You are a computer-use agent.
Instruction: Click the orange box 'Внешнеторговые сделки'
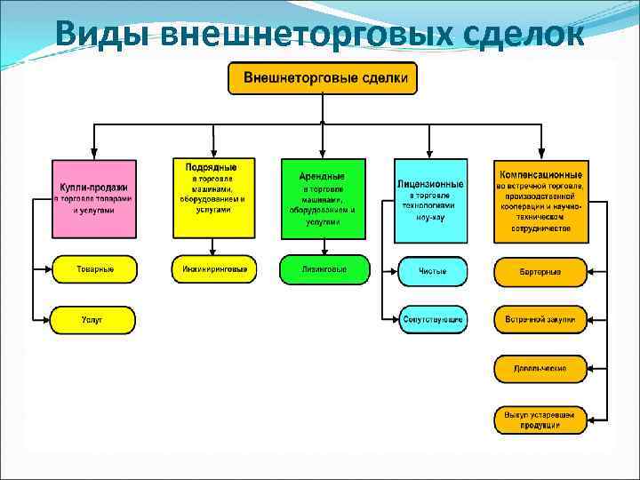pyautogui.click(x=322, y=78)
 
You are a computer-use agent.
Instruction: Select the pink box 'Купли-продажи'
pyautogui.click(x=94, y=199)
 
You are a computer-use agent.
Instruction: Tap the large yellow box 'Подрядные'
pyautogui.click(x=213, y=198)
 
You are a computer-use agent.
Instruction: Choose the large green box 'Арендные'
pyautogui.click(x=323, y=198)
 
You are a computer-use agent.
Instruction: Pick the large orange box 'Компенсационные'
pyautogui.click(x=540, y=201)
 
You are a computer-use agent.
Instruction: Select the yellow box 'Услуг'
pyautogui.click(x=94, y=319)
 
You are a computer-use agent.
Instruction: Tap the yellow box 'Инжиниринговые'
pyautogui.click(x=213, y=268)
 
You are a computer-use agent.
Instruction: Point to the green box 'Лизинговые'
pyautogui.click(x=323, y=268)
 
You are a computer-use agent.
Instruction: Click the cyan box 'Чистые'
pyautogui.click(x=432, y=271)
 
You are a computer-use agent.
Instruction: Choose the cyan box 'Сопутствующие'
pyautogui.click(x=432, y=319)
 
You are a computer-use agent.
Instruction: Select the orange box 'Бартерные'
pyautogui.click(x=540, y=271)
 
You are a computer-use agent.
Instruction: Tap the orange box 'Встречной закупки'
pyautogui.click(x=540, y=319)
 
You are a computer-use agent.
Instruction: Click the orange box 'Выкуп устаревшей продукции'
pyautogui.click(x=540, y=420)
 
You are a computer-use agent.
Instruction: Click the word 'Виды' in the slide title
pyautogui.click(x=102, y=34)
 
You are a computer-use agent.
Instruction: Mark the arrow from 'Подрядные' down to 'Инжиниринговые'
pyautogui.click(x=213, y=248)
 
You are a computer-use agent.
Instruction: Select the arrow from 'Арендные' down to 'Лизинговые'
pyautogui.click(x=323, y=248)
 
